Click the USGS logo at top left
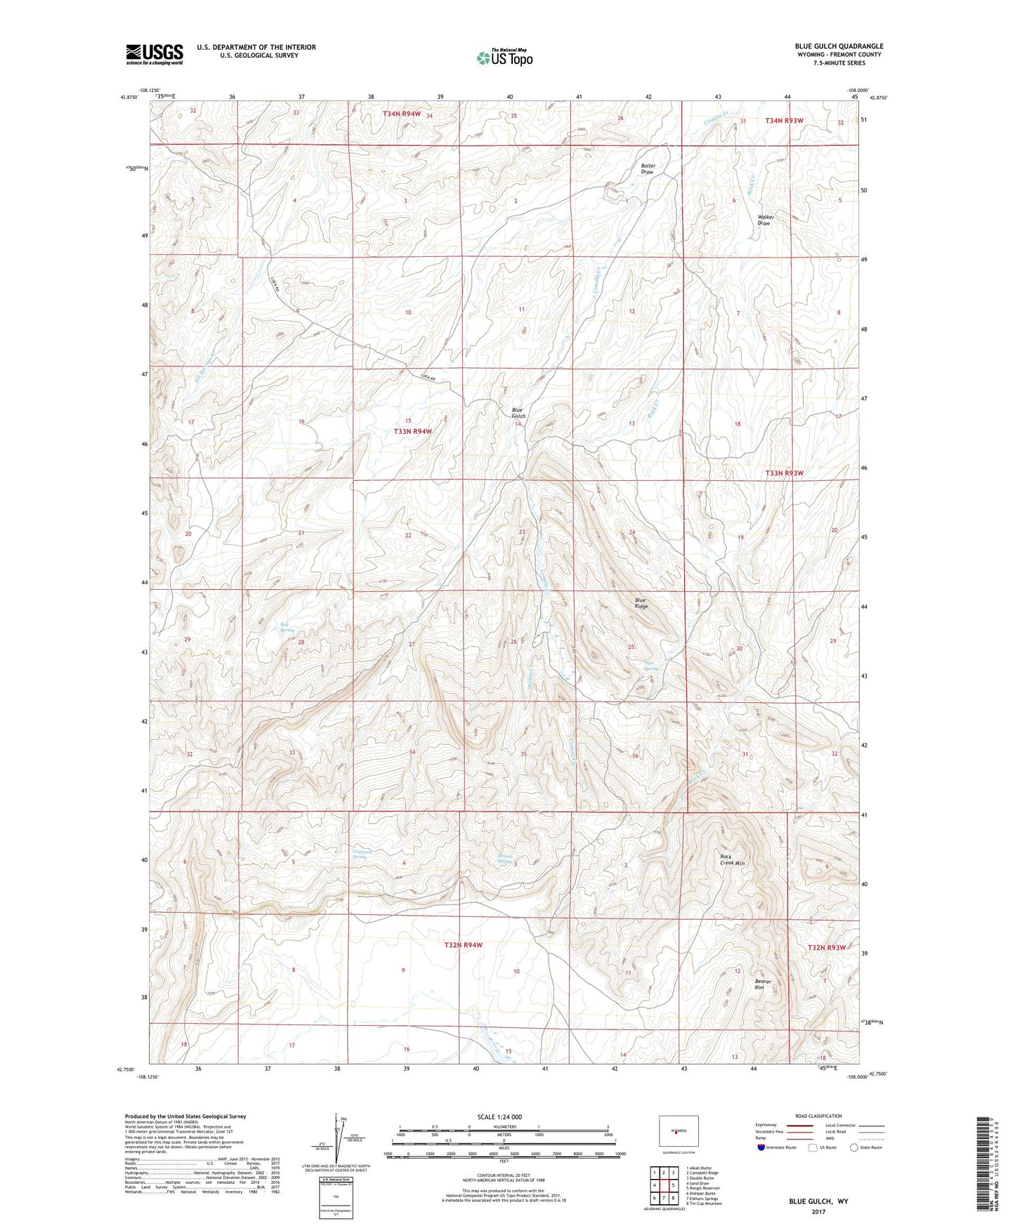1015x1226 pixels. coord(154,53)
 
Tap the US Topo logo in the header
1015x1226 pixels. coord(504,58)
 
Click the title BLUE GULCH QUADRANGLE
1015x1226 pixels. coord(839,46)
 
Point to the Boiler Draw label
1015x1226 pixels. coord(647,169)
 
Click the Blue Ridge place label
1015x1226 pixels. coord(641,603)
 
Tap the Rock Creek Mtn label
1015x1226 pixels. coord(732,859)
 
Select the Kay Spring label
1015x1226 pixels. coord(287,626)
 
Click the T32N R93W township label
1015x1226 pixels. coord(826,947)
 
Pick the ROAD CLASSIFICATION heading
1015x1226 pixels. coord(818,1116)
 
